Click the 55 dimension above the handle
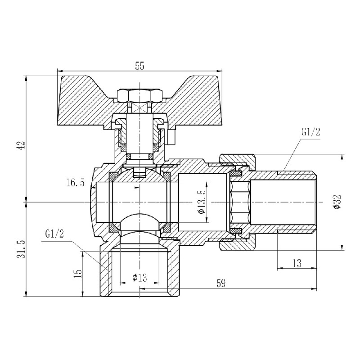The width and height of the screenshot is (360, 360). coord(139,66)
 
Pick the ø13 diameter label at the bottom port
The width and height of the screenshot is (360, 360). coord(140,278)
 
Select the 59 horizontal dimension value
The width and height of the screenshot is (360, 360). coord(221,283)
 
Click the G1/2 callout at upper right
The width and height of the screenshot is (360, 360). coord(310,132)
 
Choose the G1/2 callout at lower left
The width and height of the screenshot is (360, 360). coord(54,234)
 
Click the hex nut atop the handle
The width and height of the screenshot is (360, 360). coord(139,95)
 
